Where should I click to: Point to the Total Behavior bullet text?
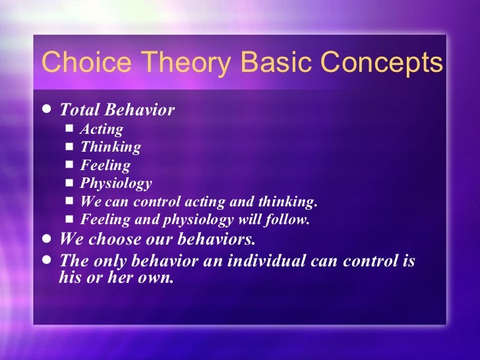click(x=117, y=109)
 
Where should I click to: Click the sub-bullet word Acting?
click(x=102, y=129)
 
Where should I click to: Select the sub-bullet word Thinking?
click(x=110, y=147)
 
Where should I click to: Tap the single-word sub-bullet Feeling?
click(x=105, y=165)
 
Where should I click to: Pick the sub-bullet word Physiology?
click(x=116, y=183)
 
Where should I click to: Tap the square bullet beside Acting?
click(x=71, y=129)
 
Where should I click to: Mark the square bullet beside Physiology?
click(x=71, y=183)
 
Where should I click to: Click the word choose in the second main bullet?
click(x=110, y=238)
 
